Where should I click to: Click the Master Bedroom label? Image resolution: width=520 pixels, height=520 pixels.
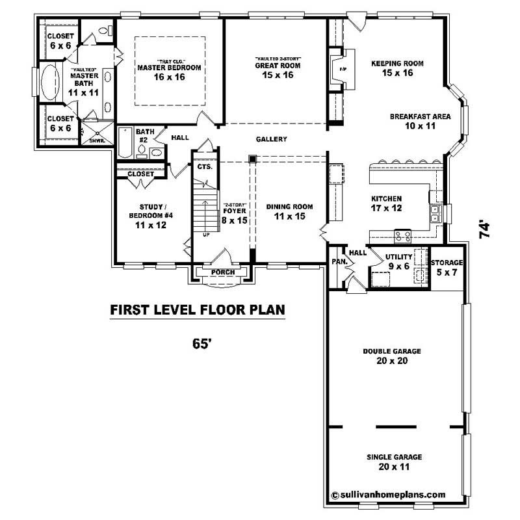169,71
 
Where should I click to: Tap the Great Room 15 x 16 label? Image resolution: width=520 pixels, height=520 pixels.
279,70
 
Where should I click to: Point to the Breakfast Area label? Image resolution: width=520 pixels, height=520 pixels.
421,121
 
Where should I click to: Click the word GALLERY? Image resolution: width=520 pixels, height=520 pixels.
272,139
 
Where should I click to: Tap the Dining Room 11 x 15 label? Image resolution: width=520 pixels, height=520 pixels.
289,211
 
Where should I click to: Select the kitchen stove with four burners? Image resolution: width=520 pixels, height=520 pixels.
403,236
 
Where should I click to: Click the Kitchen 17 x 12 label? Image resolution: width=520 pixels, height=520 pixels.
386,203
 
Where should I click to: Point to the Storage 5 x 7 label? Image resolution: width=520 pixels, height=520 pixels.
447,267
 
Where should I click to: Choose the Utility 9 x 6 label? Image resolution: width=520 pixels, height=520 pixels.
399,261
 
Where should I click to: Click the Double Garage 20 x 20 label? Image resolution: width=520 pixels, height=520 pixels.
392,356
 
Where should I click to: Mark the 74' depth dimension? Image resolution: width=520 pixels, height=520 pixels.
484,231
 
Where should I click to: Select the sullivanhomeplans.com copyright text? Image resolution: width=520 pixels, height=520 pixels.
388,494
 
